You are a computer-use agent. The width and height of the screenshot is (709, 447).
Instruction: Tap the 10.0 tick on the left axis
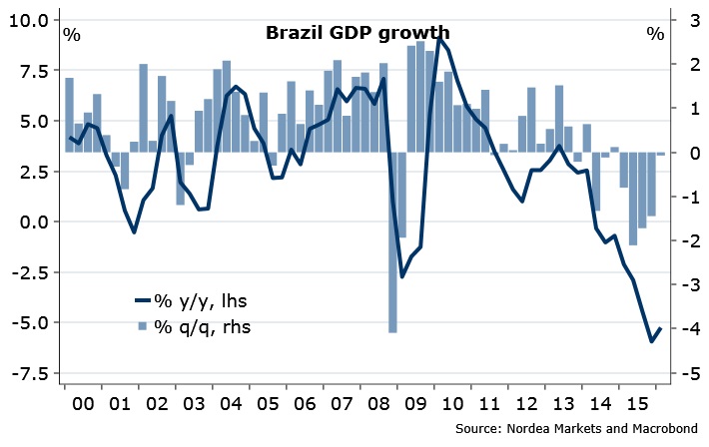point(31,21)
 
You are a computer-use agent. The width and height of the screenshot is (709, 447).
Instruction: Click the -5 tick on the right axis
point(686,372)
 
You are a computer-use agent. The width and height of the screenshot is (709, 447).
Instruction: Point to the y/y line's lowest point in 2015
point(651,341)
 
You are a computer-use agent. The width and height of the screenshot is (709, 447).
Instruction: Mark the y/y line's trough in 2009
point(401,276)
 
